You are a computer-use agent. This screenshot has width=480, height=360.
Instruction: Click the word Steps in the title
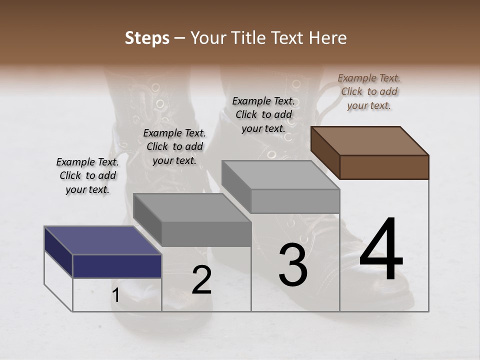tap(147, 38)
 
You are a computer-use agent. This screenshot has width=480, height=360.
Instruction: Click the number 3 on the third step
tap(292, 265)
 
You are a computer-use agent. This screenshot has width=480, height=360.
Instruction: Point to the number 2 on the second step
tap(201, 280)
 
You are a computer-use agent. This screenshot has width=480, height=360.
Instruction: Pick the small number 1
tap(115, 296)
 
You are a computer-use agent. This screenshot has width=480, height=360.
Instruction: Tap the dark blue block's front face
tap(117, 266)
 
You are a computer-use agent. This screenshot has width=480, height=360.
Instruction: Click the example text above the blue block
tap(87, 176)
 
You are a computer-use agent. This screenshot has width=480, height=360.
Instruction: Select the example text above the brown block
tap(369, 91)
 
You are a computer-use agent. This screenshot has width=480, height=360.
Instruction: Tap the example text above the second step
tap(174, 146)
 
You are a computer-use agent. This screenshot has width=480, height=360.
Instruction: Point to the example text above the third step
tap(263, 114)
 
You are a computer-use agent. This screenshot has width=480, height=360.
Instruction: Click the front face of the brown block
tap(384, 167)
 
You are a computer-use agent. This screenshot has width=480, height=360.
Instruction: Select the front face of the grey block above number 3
tap(295, 201)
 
